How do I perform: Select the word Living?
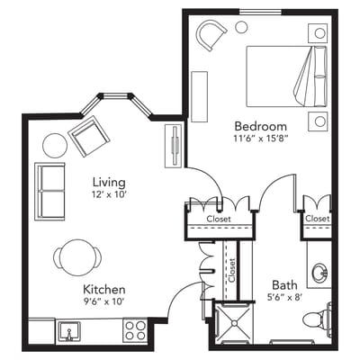pyautogui.click(x=107, y=179)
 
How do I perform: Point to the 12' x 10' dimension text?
pyautogui.click(x=107, y=193)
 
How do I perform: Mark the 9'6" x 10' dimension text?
pyautogui.click(x=104, y=302)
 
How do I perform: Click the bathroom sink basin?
pyautogui.click(x=319, y=272)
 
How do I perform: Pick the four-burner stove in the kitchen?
pyautogui.click(x=135, y=330)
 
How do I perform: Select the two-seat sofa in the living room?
pyautogui.click(x=50, y=191)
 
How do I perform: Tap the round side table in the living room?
pyautogui.click(x=55, y=144)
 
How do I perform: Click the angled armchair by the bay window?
pyautogui.click(x=88, y=137)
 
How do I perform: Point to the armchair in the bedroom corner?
pyautogui.click(x=212, y=36)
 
